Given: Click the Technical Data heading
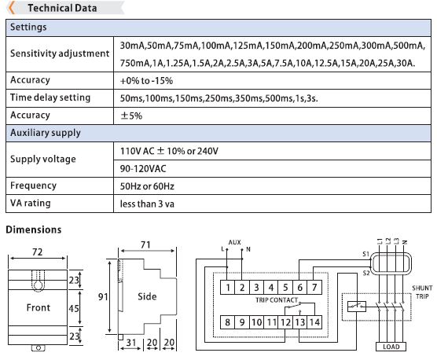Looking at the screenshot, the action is point(62,8).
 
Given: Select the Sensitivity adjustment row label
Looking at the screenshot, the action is point(60,53).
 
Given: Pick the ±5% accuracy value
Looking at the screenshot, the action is point(131,116).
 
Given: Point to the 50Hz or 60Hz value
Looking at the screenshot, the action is point(147,186).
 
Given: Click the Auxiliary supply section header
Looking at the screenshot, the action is point(46,133).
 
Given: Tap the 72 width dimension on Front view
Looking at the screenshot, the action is point(38,252).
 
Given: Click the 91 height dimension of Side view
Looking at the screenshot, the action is point(103,297).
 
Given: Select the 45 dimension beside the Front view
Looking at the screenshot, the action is point(74,308).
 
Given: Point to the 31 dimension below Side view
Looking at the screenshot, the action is point(131,342).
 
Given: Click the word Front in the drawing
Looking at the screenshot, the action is point(39,307).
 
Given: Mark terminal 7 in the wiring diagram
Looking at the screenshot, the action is point(314,287).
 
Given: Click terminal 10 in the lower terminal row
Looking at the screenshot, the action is point(256,322).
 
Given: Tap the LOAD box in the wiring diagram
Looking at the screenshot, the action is point(391,347).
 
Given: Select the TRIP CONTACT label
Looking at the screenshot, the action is point(277,300).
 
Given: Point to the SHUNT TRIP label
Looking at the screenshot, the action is point(422,292).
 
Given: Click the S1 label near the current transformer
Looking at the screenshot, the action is point(365,254).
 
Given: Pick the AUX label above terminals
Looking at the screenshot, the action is point(235,242).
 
